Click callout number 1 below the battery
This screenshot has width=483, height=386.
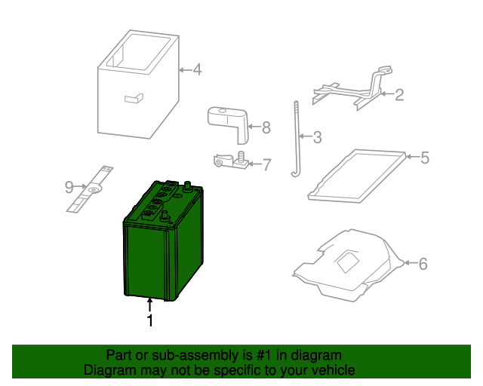click(149, 320)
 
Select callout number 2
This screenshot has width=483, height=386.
click(399, 95)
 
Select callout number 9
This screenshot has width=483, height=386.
click(68, 185)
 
